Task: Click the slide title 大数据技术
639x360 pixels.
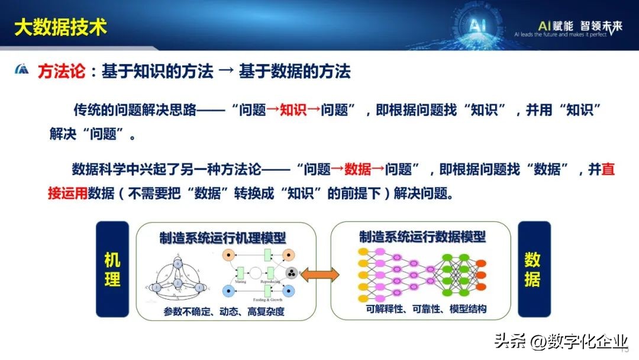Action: (60, 27)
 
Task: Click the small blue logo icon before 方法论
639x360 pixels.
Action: (22, 70)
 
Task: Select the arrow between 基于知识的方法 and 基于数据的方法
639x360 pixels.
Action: (226, 72)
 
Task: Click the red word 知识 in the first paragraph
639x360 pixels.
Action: (293, 111)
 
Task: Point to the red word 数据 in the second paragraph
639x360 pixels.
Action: (357, 171)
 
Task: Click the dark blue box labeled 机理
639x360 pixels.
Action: (112, 269)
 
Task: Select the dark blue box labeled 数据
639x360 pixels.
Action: (532, 269)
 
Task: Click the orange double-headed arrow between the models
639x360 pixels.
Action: (324, 274)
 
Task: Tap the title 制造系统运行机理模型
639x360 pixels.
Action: (222, 237)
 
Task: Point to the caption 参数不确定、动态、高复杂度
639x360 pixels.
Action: (225, 311)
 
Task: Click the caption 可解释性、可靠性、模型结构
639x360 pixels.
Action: (418, 309)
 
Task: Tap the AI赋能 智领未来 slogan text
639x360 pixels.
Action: (580, 26)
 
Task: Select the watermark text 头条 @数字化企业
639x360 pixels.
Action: (560, 341)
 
